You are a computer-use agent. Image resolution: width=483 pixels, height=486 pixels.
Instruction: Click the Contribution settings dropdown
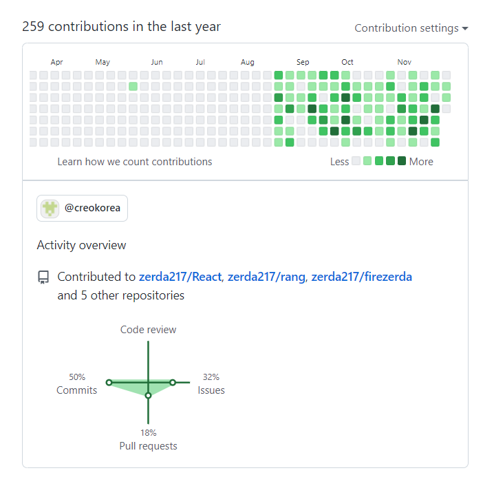coord(411,28)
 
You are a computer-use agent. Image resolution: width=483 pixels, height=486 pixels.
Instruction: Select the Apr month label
coord(56,62)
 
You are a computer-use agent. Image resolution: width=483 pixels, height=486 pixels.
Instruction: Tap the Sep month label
coord(303,62)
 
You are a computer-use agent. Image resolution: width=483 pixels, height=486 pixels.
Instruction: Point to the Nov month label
coord(405,62)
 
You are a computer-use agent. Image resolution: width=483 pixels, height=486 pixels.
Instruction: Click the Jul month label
coord(200,62)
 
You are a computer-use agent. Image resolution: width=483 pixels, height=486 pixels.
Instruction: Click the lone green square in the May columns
coord(133,86)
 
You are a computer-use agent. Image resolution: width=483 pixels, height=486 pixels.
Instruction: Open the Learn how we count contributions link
coord(135,162)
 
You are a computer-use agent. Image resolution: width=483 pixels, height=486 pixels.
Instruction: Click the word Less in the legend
coord(340,162)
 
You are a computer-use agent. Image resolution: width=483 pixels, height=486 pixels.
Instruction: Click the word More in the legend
coord(421,162)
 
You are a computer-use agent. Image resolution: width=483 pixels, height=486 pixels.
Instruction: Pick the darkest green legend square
coord(402,161)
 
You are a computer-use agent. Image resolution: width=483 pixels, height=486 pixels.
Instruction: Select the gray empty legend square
coord(356,161)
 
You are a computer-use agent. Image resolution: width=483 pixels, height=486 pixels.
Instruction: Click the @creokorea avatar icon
coord(50,209)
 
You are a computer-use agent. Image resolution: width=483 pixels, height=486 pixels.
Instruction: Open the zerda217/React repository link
coord(180,277)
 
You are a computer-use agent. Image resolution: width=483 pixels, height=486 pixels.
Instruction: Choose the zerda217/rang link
coord(266,277)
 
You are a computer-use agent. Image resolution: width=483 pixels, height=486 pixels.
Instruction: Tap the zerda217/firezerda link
coord(361,277)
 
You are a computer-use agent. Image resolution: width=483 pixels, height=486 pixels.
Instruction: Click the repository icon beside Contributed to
coord(43,277)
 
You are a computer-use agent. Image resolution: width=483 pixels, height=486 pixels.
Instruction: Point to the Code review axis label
coord(148,330)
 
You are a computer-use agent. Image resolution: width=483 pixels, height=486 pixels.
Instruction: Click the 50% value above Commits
coord(77,377)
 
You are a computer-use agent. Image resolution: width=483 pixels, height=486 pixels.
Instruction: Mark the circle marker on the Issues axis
coord(173,383)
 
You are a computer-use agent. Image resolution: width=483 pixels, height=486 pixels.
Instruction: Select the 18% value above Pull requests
coord(149,433)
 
